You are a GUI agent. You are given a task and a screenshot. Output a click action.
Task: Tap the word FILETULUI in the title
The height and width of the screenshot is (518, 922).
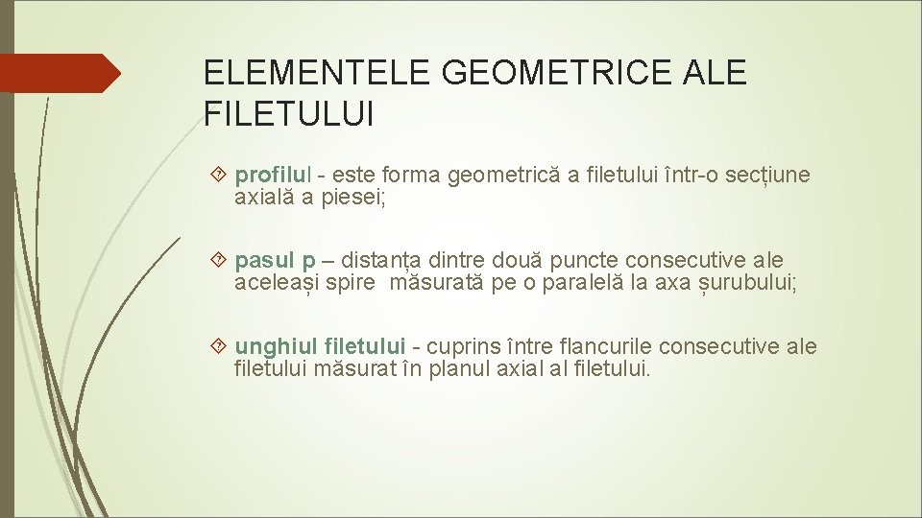289,114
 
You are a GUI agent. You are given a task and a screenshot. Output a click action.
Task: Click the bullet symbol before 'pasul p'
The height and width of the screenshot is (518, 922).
219,260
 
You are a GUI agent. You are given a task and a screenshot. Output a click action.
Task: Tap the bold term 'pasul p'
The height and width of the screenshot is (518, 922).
275,261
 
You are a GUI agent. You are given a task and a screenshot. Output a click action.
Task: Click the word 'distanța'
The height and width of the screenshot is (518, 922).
383,261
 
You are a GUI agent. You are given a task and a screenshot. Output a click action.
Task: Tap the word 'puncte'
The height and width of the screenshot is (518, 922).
592,261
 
